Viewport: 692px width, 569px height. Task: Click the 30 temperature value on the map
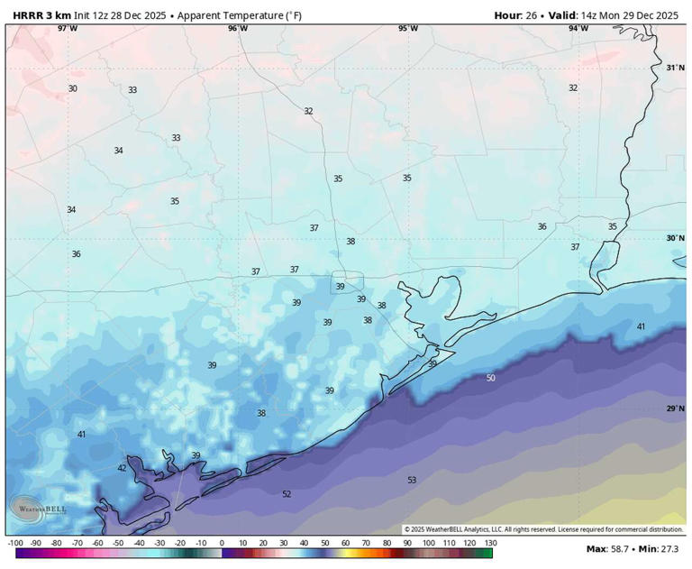[73, 88]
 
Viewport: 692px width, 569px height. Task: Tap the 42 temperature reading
[123, 468]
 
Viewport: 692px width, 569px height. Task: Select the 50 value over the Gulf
[490, 378]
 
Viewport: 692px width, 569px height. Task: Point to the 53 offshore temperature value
[412, 481]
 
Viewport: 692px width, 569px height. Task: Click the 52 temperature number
[287, 494]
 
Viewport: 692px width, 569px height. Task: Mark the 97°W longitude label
[68, 28]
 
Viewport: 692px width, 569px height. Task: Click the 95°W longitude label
[408, 28]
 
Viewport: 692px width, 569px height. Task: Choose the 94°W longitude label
[578, 28]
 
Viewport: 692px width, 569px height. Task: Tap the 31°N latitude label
[675, 68]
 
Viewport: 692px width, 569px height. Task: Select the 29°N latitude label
[675, 408]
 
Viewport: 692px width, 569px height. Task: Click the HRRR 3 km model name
[41, 15]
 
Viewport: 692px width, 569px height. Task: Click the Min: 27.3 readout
[663, 549]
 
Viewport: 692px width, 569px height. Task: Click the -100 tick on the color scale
[15, 543]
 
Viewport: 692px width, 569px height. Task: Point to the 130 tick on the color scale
[489, 543]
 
